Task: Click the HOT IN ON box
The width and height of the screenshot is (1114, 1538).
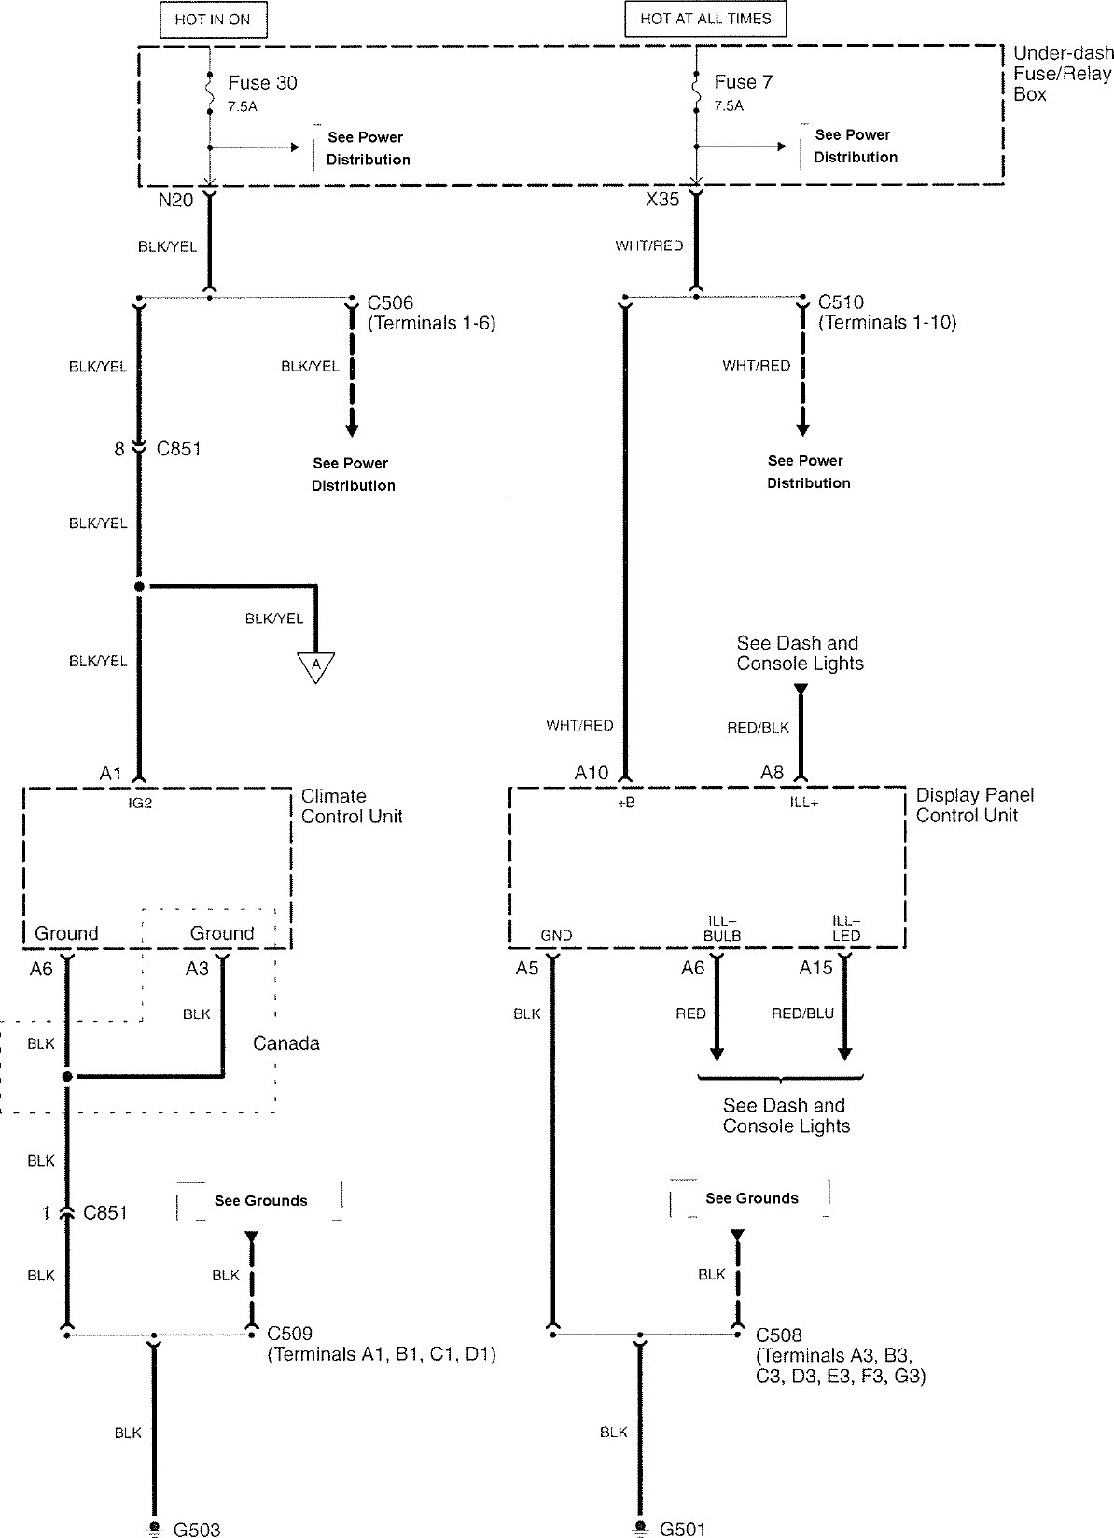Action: [x=213, y=20]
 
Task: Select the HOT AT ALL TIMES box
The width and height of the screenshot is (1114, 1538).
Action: [x=705, y=19]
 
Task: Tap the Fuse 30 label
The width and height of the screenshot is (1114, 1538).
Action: [x=262, y=83]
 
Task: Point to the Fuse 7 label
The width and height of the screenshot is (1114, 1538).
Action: [x=744, y=82]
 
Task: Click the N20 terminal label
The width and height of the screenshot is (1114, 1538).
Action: [x=175, y=200]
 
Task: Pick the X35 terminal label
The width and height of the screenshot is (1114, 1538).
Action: [x=662, y=199]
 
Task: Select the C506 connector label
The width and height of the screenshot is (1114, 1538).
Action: [x=391, y=302]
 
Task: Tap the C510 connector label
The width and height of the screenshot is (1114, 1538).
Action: [x=841, y=302]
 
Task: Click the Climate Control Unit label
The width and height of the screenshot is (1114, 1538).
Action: [x=352, y=806]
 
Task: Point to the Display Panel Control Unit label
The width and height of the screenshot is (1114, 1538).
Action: [x=975, y=804]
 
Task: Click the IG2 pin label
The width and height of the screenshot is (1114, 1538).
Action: [x=140, y=803]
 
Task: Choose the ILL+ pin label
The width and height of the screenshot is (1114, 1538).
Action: [x=803, y=802]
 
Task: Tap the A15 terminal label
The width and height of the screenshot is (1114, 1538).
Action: [x=815, y=968]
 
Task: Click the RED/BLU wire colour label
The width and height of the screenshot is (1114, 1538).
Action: [x=802, y=1014]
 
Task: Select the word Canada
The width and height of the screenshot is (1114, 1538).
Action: [x=286, y=1043]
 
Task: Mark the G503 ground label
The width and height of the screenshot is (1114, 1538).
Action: [x=197, y=1529]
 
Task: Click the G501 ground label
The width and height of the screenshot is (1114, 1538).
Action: [x=682, y=1529]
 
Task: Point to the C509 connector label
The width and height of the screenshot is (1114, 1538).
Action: [x=289, y=1334]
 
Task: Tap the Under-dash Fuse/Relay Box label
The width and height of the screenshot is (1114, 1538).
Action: [x=1064, y=74]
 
